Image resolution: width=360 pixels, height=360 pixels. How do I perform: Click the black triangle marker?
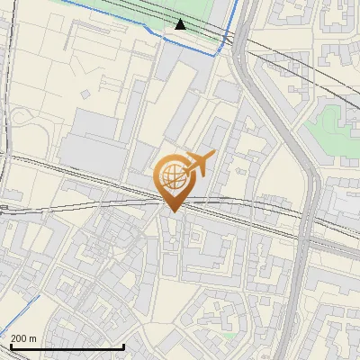181,24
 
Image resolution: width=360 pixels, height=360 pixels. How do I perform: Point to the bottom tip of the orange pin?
173,211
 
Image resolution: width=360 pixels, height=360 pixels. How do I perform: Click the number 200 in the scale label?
20,338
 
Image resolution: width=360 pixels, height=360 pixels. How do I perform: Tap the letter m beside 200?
33,338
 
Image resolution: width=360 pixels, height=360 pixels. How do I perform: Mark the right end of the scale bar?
123,346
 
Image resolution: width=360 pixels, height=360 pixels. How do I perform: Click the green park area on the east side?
333,130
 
